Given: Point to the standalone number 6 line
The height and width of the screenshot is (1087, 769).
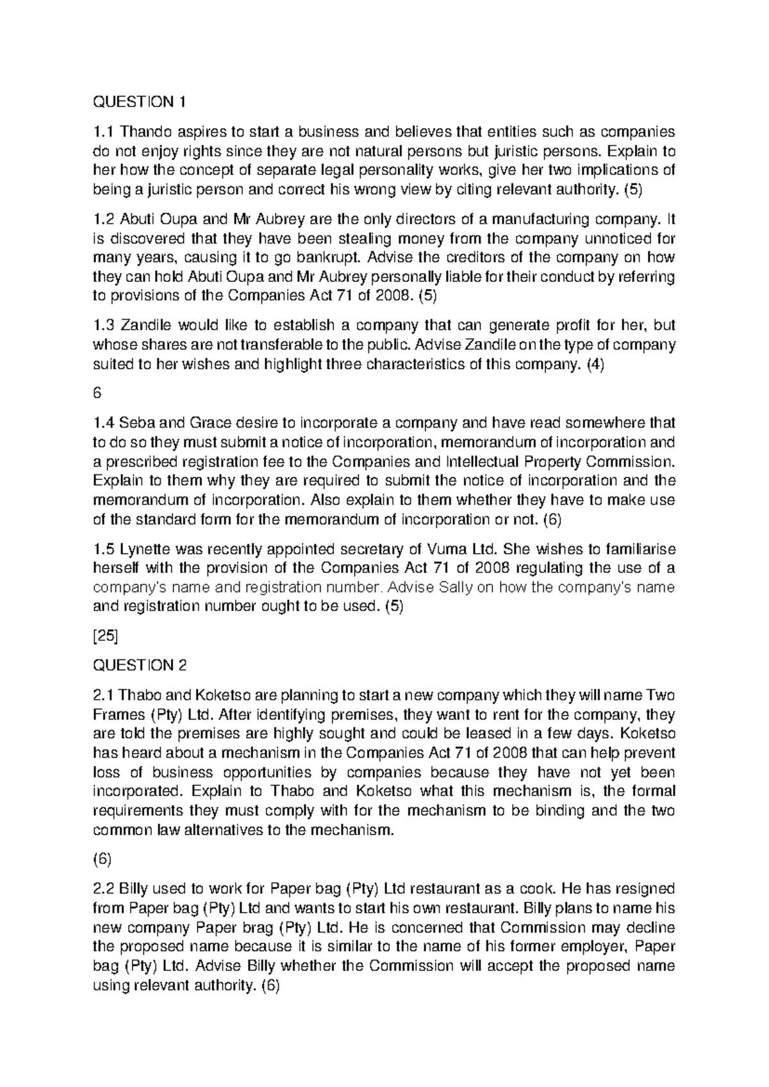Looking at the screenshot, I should click(x=97, y=394).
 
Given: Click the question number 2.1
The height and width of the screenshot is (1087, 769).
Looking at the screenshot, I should click(x=104, y=695).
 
